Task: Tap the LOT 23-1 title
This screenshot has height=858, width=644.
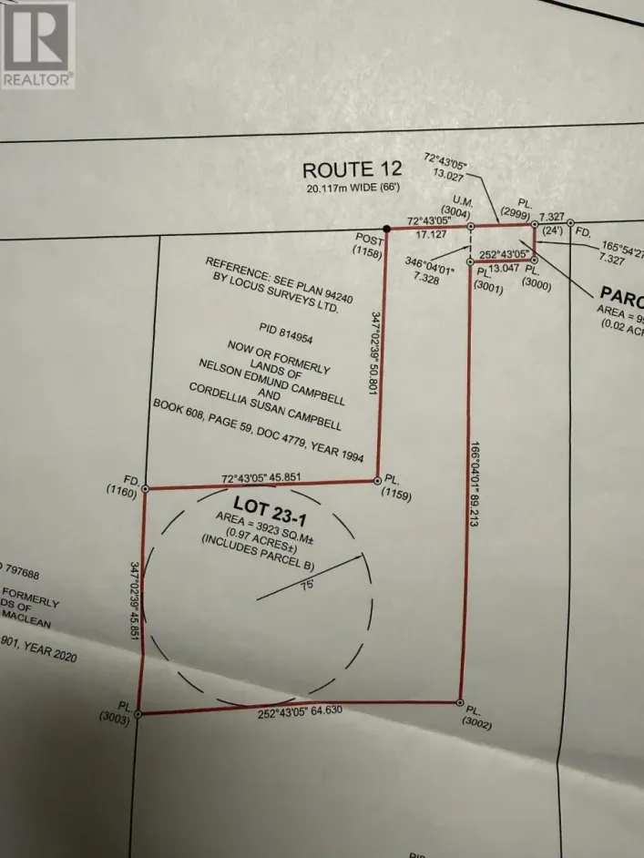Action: tap(269, 503)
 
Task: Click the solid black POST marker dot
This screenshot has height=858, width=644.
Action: tap(386, 228)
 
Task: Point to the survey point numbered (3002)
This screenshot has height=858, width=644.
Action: tap(459, 702)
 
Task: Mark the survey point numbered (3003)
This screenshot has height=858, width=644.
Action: tap(138, 715)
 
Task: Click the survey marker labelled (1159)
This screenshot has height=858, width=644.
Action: tap(377, 479)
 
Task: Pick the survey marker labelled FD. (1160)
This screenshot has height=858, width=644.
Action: tap(145, 488)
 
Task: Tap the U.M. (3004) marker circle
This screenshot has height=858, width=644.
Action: tap(470, 226)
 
